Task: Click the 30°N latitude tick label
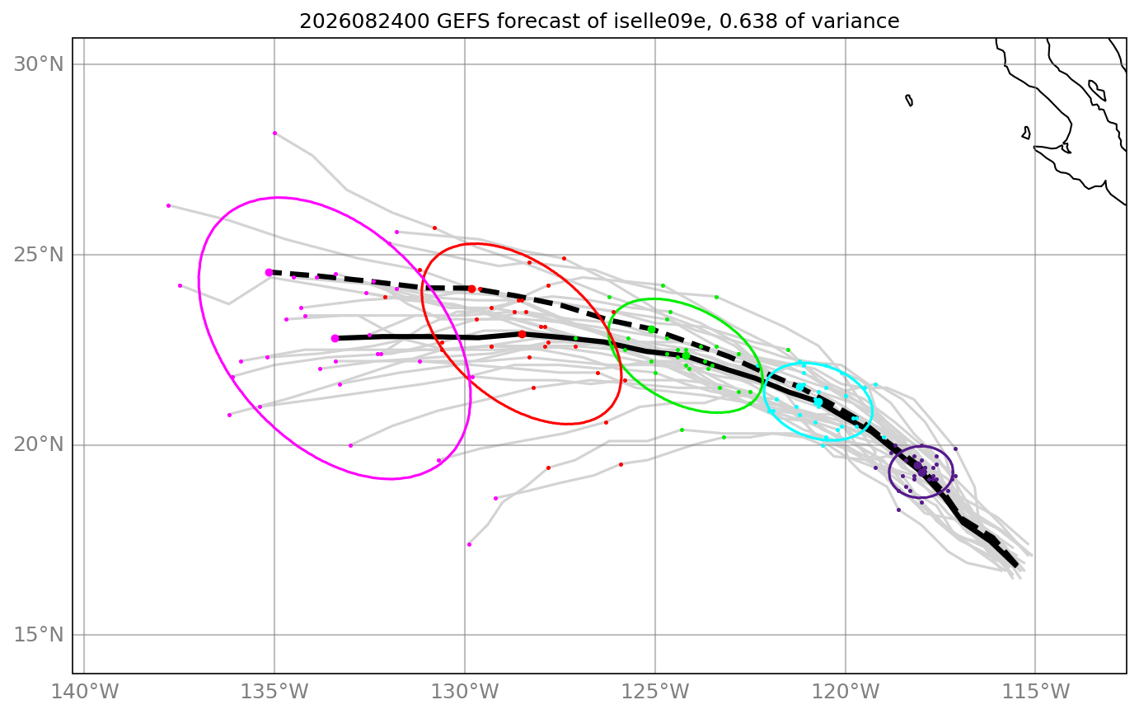(38, 64)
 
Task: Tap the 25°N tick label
(38, 255)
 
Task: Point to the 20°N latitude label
(38, 445)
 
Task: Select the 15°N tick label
(38, 635)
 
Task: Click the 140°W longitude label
(84, 692)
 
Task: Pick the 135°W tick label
(274, 692)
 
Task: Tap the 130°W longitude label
(465, 692)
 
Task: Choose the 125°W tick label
(655, 692)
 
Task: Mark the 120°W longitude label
(846, 692)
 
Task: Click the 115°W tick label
(1036, 692)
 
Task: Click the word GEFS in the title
(463, 21)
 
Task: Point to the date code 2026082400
(364, 21)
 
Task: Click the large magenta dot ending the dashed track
(269, 273)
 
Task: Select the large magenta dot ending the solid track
(335, 338)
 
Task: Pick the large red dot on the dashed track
(471, 289)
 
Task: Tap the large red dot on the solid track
(522, 334)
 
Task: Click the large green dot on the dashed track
(651, 330)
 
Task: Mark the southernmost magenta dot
(469, 544)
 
